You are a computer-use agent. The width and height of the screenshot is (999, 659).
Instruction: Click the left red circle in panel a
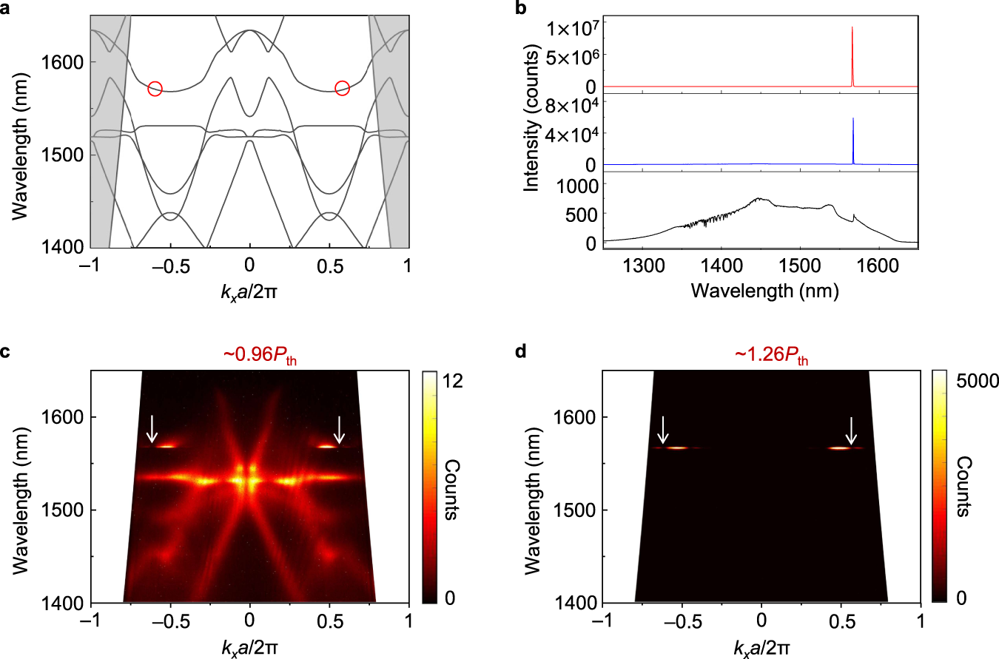click(x=155, y=88)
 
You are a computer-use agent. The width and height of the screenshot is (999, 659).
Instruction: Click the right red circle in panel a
click(x=342, y=88)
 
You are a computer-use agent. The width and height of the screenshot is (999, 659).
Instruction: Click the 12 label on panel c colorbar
click(x=452, y=380)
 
